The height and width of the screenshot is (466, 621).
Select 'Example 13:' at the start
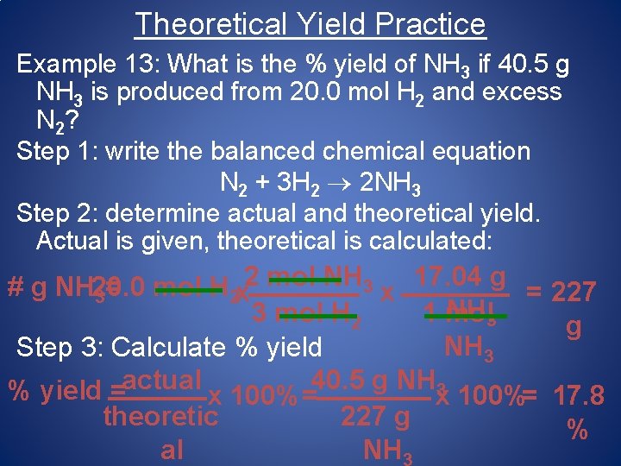[90, 64]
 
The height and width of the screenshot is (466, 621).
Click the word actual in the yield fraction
[163, 380]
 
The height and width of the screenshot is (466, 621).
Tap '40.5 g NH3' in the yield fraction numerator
[377, 381]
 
